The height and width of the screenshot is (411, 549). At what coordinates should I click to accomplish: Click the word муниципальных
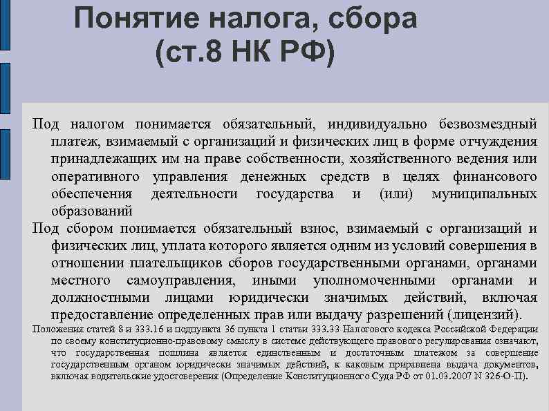[484, 194]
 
